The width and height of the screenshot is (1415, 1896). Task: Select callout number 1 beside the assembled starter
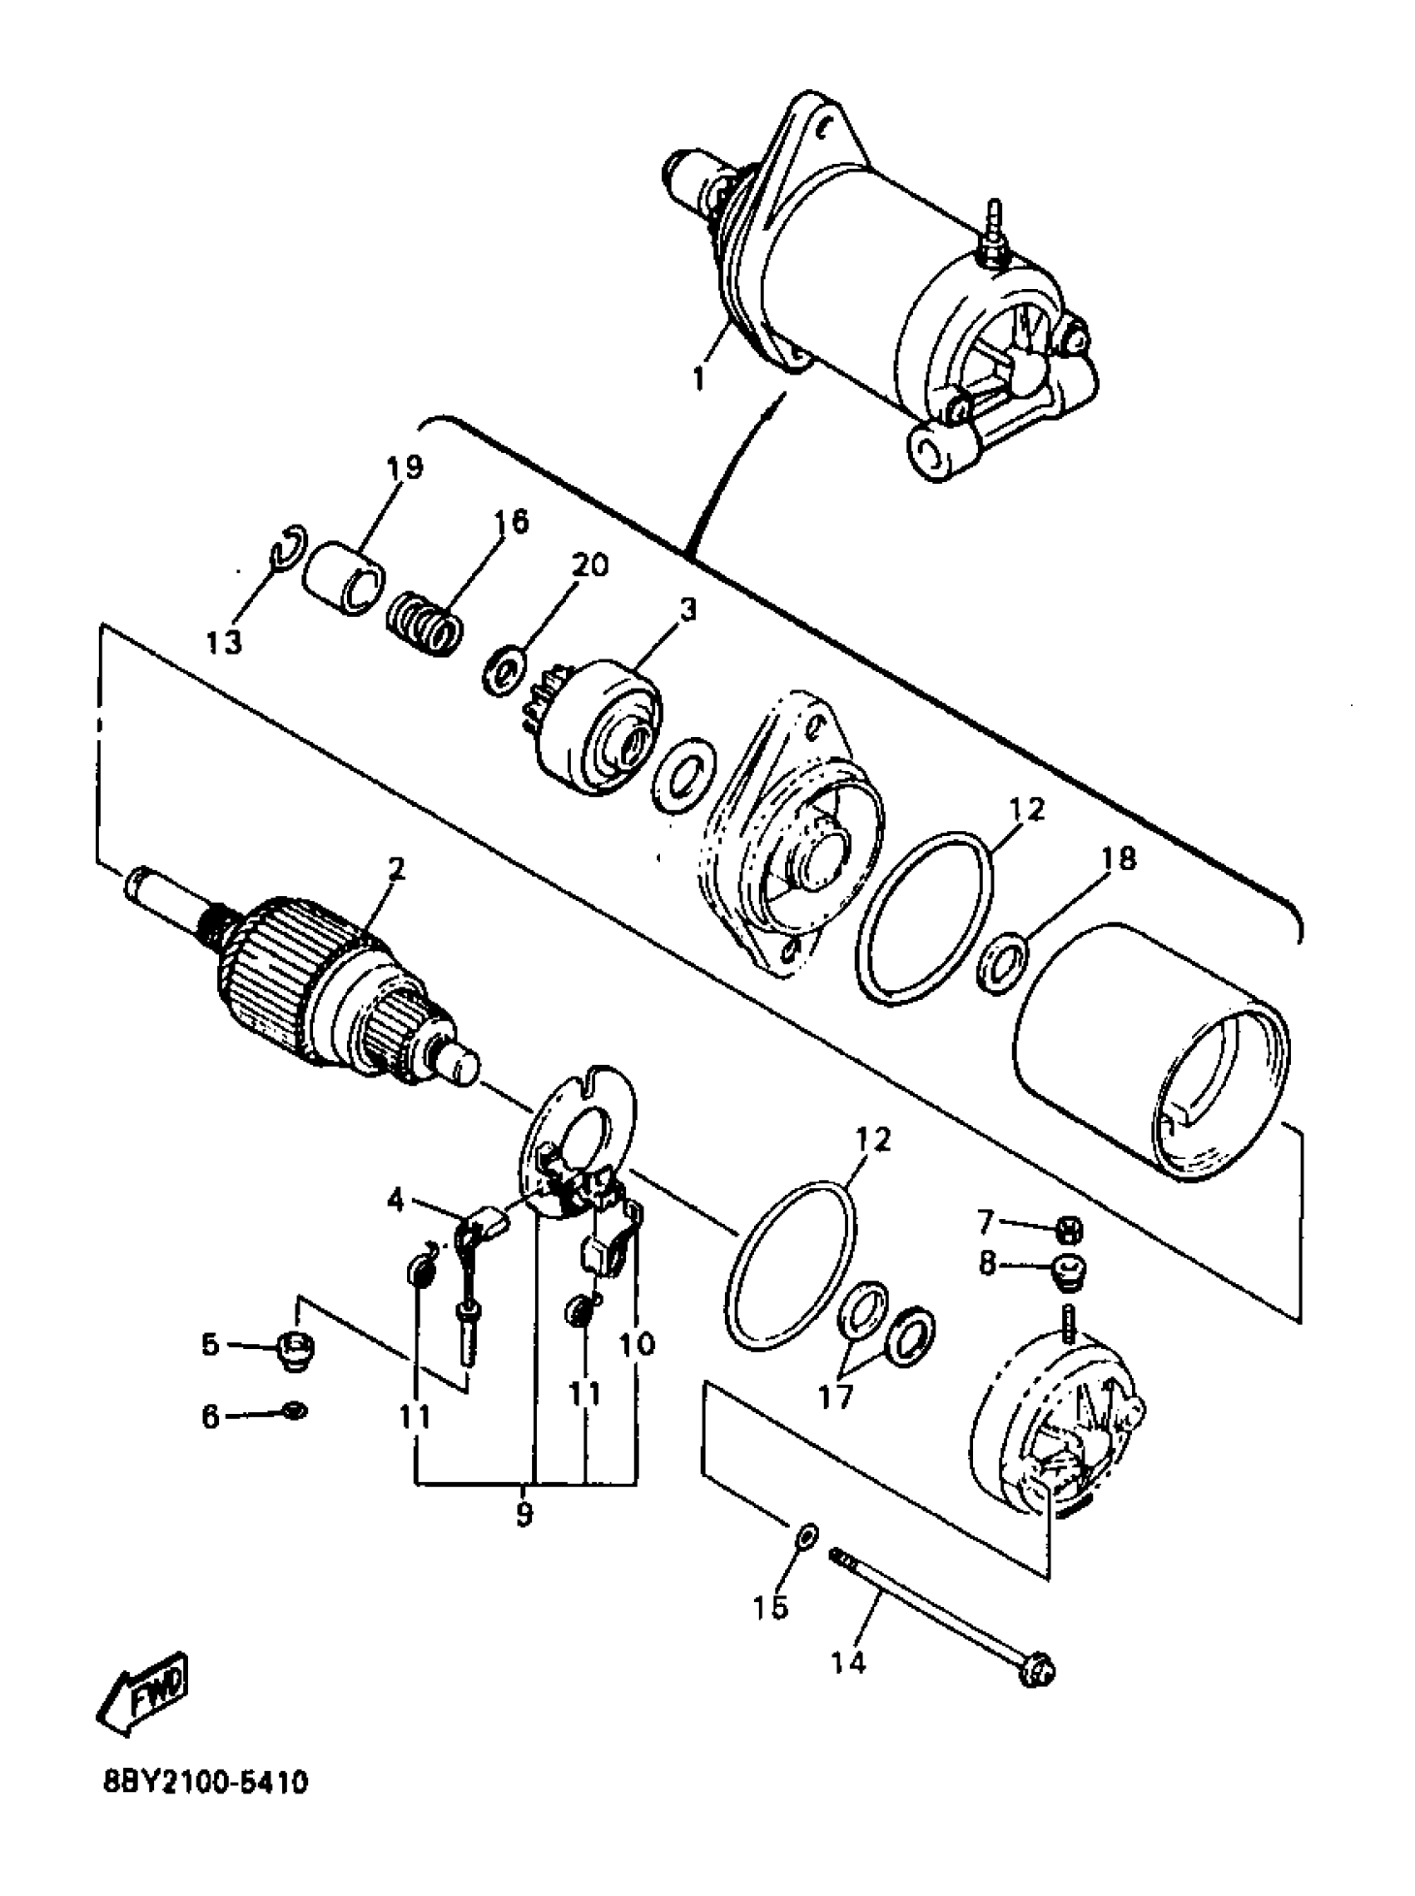pyautogui.click(x=700, y=376)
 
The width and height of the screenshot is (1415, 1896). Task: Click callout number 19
pyautogui.click(x=404, y=468)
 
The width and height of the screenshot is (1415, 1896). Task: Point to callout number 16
pyautogui.click(x=511, y=522)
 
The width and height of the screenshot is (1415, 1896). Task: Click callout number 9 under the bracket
pyautogui.click(x=524, y=1514)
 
